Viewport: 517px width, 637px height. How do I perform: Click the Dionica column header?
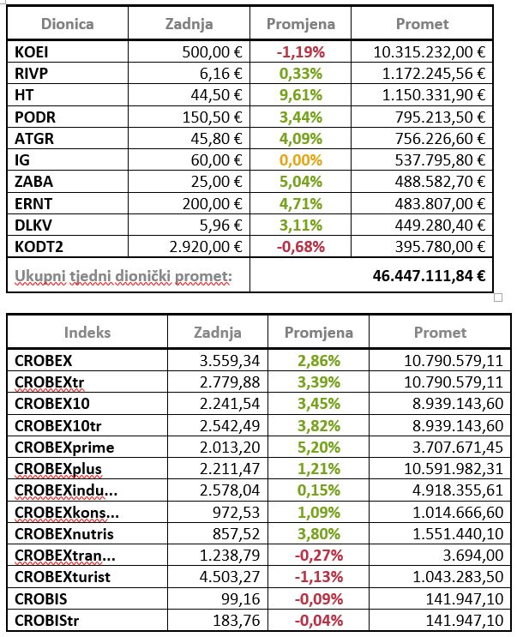pyautogui.click(x=68, y=24)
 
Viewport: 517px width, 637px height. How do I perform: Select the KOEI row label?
pyautogui.click(x=31, y=52)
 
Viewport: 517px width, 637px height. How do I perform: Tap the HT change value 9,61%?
pyautogui.click(x=300, y=94)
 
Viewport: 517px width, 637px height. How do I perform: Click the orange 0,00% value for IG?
pyautogui.click(x=300, y=159)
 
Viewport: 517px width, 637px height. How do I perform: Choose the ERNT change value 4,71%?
pyautogui.click(x=300, y=201)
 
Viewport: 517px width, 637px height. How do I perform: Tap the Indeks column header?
pyautogui.click(x=87, y=333)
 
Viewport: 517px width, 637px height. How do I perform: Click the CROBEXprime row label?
pyautogui.click(x=64, y=447)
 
